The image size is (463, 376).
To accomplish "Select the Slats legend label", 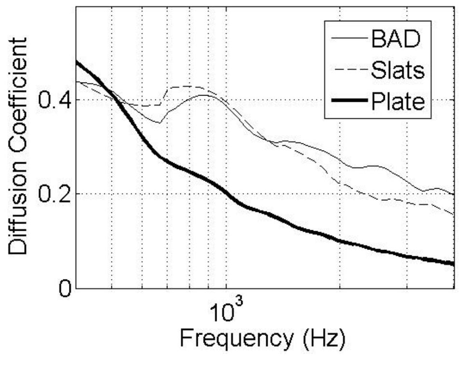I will [x=398, y=70].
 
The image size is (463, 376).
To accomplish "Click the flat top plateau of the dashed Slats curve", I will [x=186, y=87].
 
